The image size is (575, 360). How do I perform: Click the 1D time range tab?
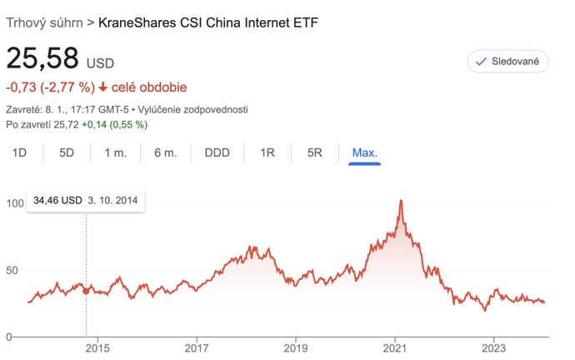tap(19, 152)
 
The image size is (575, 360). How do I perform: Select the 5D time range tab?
tap(67, 152)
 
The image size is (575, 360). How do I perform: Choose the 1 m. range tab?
tap(116, 152)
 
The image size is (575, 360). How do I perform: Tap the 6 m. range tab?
tap(165, 152)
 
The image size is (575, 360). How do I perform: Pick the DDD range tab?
tap(217, 152)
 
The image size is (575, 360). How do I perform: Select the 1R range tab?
tap(267, 152)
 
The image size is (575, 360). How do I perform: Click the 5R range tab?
tap(315, 152)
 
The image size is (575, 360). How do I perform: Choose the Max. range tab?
tap(364, 152)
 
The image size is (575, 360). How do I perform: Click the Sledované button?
tap(507, 61)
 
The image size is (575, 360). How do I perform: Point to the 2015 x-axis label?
tap(97, 347)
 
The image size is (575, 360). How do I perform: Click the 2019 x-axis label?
tap(296, 347)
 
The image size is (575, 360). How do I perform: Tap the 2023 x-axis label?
tap(493, 347)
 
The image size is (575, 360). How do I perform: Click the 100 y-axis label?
tap(15, 203)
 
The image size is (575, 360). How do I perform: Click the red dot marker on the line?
tap(86, 291)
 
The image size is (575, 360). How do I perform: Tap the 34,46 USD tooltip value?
tap(57, 200)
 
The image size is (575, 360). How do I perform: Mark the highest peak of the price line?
tap(401, 200)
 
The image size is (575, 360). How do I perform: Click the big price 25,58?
tap(42, 58)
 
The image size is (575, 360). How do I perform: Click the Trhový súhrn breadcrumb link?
tap(44, 22)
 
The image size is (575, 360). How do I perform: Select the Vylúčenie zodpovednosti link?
tap(192, 110)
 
